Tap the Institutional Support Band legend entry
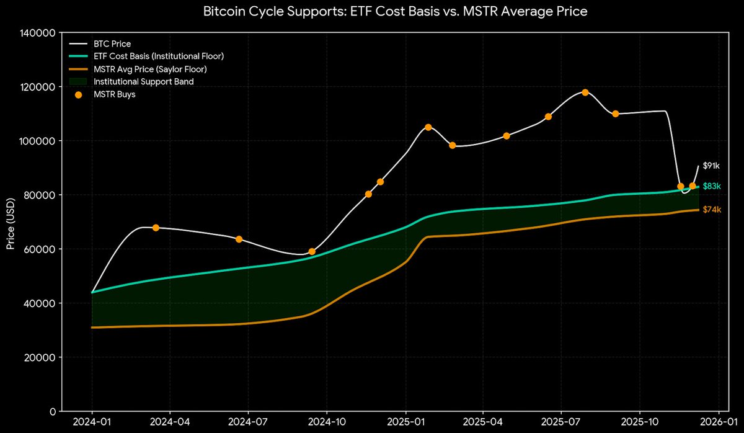point(143,82)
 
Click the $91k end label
point(711,166)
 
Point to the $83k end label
point(711,187)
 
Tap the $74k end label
point(711,210)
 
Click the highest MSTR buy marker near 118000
point(585,92)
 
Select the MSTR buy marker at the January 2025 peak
point(428,127)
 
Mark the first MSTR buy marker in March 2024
point(156,228)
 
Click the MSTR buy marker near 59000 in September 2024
point(312,252)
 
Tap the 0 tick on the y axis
point(53,411)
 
